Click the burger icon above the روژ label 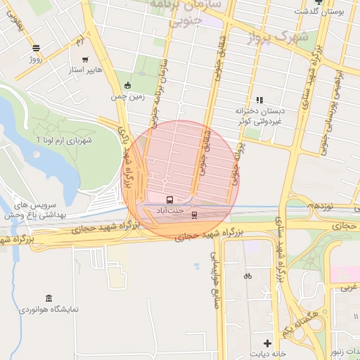coord(36,49)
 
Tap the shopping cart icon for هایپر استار coord(85,59)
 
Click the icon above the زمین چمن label coord(127,86)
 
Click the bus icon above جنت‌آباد coord(168,199)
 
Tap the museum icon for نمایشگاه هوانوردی coord(48,298)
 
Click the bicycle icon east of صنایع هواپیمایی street coord(247,276)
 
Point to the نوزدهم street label coord(319,207)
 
